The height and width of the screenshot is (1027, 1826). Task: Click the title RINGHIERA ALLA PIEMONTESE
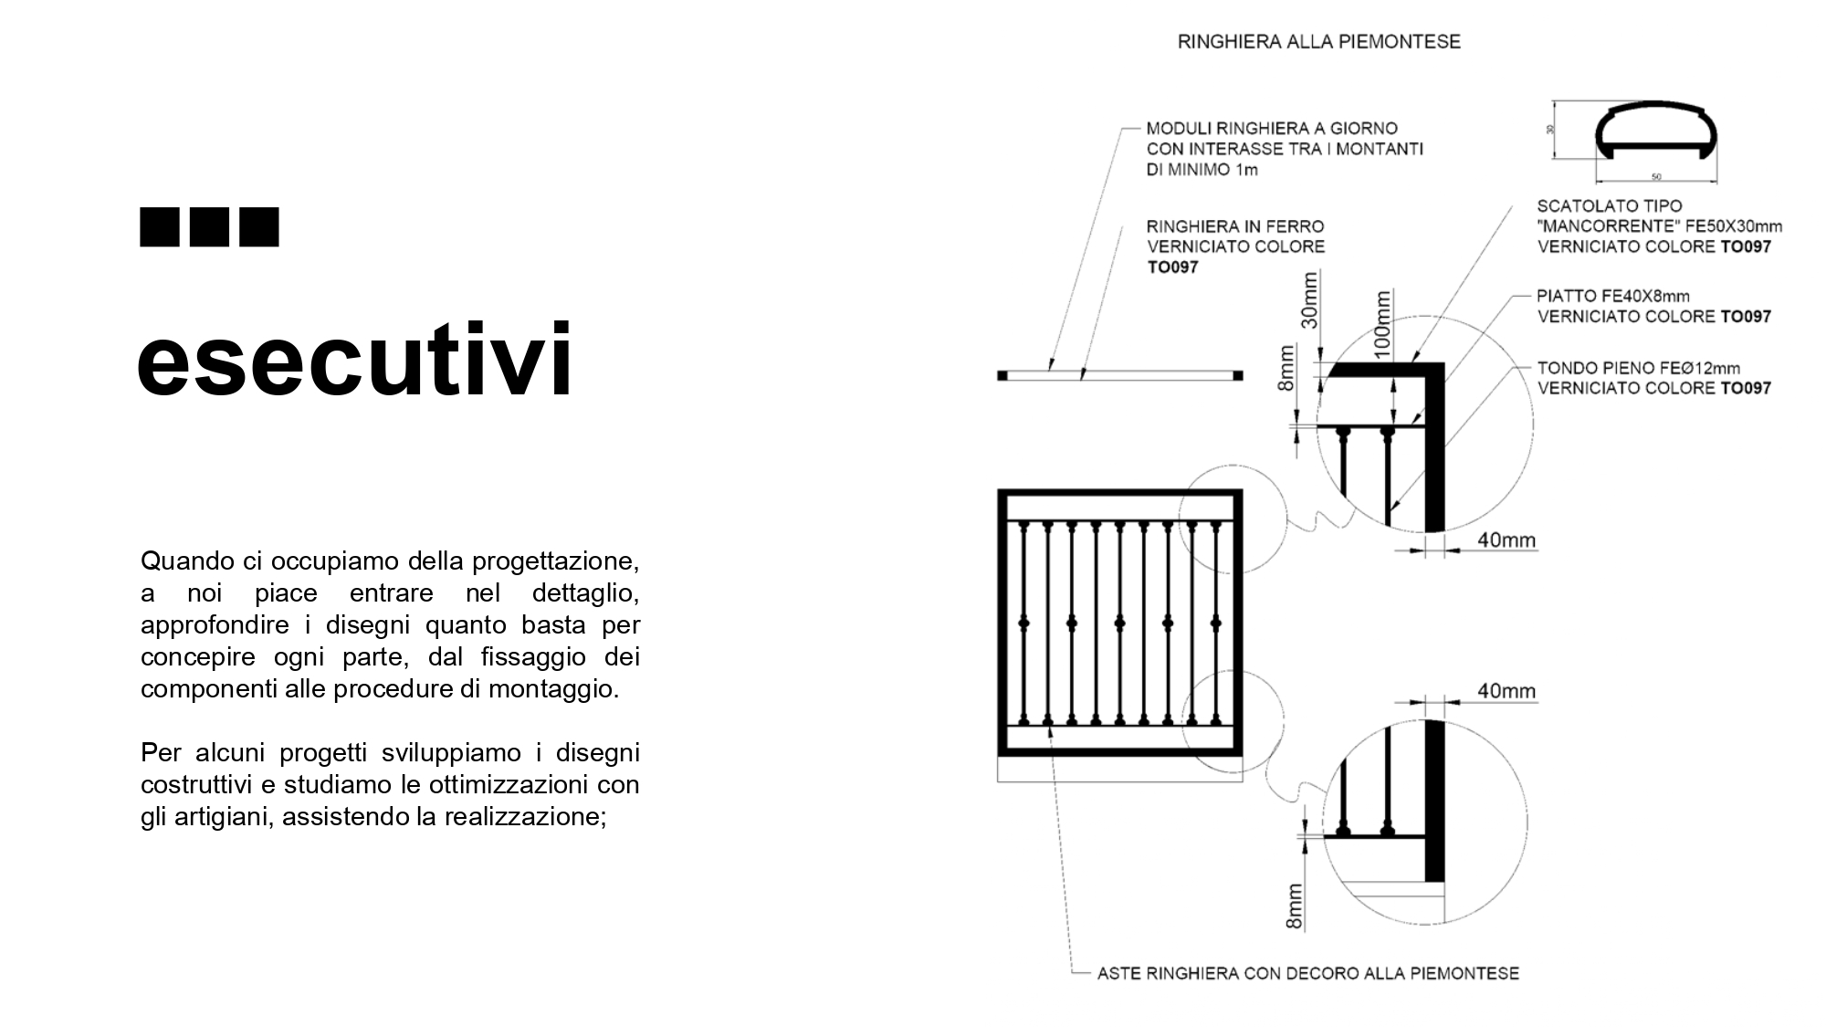(x=1318, y=42)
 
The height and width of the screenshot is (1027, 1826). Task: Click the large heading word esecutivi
(x=354, y=361)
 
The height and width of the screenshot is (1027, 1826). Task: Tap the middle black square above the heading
(x=209, y=227)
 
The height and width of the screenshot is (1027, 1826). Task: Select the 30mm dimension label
(x=1310, y=299)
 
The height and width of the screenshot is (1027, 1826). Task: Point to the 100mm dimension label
(x=1383, y=323)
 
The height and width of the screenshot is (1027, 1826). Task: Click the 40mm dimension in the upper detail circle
(x=1506, y=540)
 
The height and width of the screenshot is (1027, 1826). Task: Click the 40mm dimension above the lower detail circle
(x=1506, y=691)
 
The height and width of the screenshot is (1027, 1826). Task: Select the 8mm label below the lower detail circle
(x=1294, y=906)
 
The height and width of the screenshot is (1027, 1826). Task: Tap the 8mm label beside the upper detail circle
(x=1286, y=367)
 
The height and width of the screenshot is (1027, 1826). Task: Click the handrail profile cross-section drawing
(x=1656, y=134)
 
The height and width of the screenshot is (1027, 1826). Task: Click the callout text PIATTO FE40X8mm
(x=1612, y=296)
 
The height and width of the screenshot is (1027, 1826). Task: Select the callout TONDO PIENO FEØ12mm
(x=1638, y=368)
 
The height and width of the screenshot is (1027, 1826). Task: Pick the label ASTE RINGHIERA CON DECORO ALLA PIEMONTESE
(x=1307, y=973)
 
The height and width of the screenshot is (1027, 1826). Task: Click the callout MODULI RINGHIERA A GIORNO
(x=1272, y=129)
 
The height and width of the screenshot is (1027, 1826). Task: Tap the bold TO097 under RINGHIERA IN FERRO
(x=1172, y=267)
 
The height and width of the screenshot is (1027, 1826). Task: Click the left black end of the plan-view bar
(x=1002, y=375)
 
